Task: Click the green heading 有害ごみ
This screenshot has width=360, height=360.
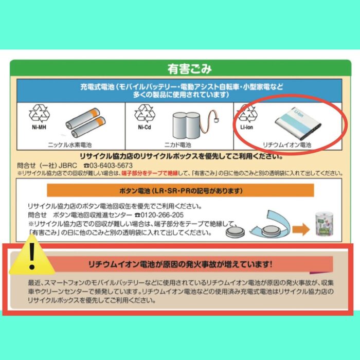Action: (x=189, y=69)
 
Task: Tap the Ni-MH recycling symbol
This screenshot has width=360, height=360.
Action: (x=39, y=114)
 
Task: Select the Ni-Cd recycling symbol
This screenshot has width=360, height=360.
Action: (x=145, y=114)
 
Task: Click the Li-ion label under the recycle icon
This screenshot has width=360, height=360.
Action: (x=246, y=127)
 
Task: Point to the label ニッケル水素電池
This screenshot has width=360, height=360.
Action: (x=70, y=145)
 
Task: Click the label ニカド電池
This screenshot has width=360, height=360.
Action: (x=178, y=145)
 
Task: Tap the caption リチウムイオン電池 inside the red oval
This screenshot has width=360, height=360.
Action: (x=287, y=145)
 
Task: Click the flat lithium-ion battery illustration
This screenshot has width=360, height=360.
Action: (x=298, y=124)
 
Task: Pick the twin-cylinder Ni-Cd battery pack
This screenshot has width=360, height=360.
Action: (x=186, y=125)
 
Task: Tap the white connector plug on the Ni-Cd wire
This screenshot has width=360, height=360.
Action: (x=215, y=120)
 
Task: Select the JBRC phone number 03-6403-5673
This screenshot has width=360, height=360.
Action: (x=111, y=166)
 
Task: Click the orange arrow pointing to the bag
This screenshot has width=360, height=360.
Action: (x=301, y=229)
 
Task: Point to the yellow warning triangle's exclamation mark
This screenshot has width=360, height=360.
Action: (x=32, y=255)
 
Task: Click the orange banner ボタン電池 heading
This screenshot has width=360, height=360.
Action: (x=181, y=190)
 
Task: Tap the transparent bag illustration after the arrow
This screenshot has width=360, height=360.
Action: (x=324, y=224)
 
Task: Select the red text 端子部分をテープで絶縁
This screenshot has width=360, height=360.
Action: (x=150, y=173)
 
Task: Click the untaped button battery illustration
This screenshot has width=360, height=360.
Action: (x=235, y=232)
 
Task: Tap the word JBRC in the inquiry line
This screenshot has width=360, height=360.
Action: (x=68, y=166)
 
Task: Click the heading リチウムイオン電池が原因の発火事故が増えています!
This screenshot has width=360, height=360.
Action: (x=180, y=264)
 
